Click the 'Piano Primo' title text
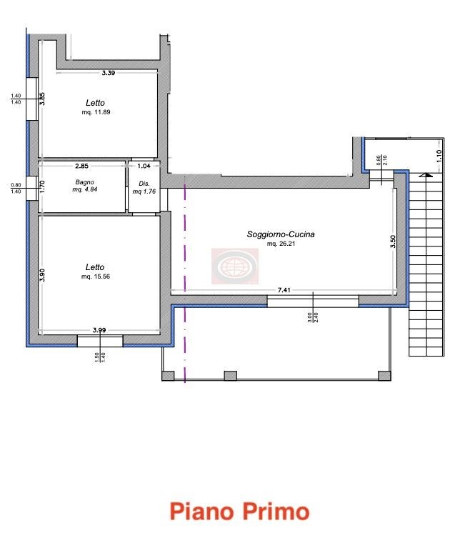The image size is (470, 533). click(239, 512)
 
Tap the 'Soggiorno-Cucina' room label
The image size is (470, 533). click(281, 234)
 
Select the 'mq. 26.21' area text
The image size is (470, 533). click(281, 244)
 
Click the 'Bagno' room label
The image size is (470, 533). click(84, 182)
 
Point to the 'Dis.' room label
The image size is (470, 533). click(144, 184)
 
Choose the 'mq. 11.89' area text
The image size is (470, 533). click(96, 112)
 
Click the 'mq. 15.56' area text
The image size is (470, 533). click(96, 277)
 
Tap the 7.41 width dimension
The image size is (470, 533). click(284, 290)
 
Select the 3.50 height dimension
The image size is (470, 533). click(393, 241)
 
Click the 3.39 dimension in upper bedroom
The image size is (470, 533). click(109, 72)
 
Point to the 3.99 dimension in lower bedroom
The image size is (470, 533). click(99, 329)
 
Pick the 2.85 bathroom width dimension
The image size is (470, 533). click(81, 166)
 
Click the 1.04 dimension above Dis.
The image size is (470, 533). click(144, 166)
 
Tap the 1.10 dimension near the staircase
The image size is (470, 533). click(439, 156)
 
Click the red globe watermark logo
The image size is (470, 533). click(235, 266)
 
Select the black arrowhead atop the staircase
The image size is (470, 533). click(426, 175)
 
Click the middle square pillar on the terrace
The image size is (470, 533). click(231, 376)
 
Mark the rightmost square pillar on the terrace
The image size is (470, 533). click(384, 376)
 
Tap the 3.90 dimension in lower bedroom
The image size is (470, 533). click(42, 275)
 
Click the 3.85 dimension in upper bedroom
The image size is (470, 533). click(42, 99)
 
